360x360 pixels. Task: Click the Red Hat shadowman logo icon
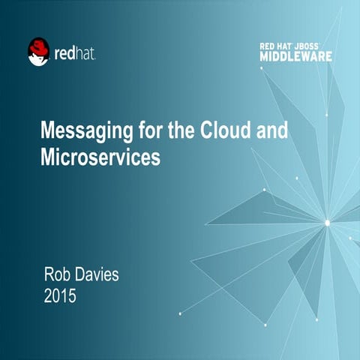point(38,52)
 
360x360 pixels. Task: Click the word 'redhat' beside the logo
point(75,54)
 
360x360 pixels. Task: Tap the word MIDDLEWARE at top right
point(296,56)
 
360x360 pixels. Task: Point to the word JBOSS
point(315,46)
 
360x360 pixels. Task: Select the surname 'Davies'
point(97,275)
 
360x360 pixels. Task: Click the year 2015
point(61,296)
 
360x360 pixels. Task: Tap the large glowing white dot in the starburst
point(327,221)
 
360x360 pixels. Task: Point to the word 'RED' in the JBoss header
point(268,46)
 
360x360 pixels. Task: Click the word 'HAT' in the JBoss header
point(289,46)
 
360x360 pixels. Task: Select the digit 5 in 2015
point(72,296)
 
